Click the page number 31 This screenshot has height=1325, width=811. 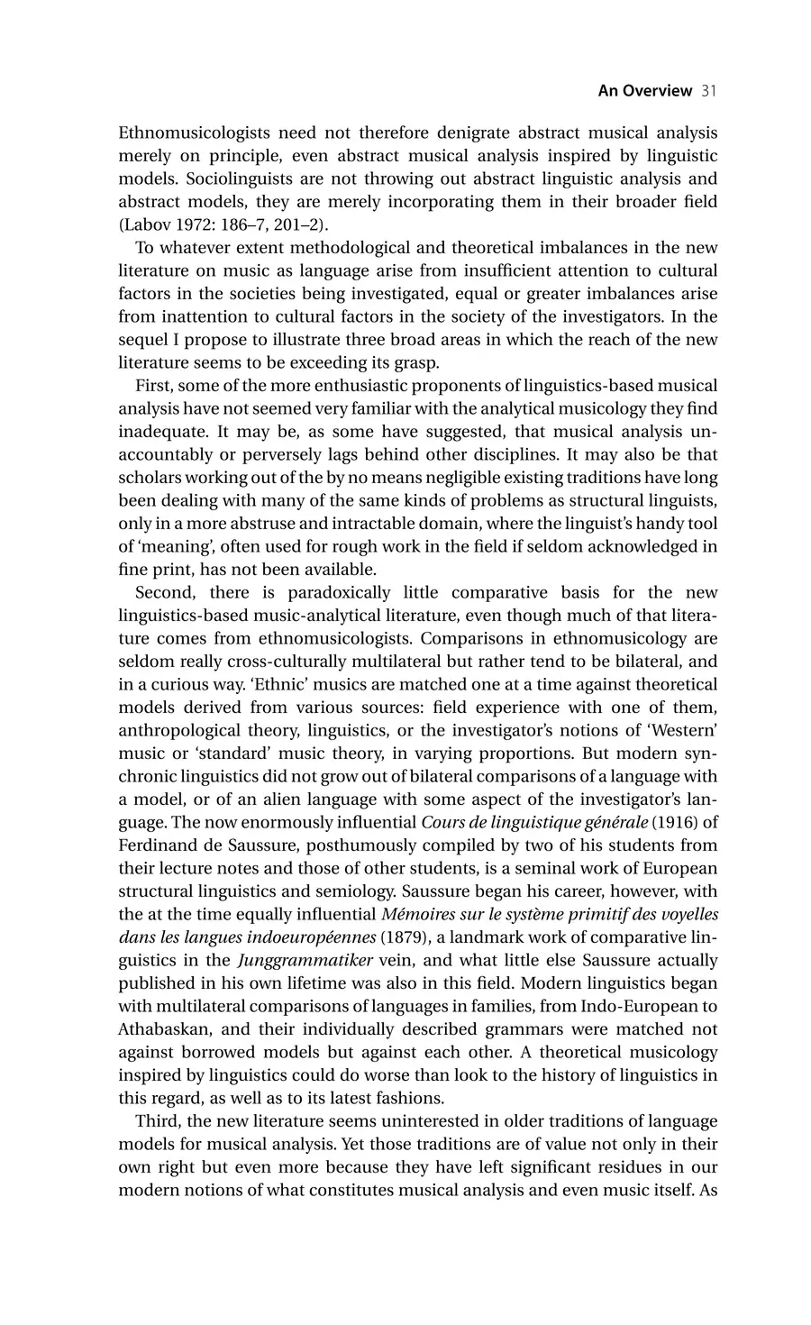click(708, 91)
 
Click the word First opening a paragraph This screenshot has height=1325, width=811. click(154, 386)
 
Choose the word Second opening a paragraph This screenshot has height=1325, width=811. click(165, 593)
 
